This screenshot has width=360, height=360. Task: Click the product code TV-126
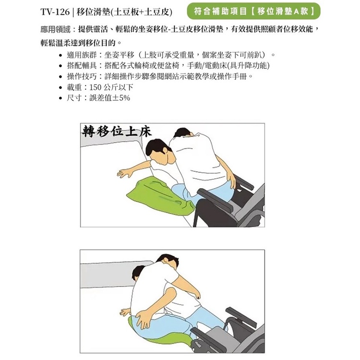coord(55,12)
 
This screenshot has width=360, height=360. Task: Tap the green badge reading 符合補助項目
coord(253,11)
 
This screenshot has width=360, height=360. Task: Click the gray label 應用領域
coord(55,29)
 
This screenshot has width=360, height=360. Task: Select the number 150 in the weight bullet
coord(95,87)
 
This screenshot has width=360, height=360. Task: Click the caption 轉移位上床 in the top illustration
coord(117,132)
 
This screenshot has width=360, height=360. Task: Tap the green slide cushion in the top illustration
coord(160,195)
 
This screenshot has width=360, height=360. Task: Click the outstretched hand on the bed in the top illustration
coord(125,173)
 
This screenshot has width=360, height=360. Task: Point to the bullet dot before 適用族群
coord(60,55)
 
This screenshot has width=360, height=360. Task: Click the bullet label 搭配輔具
coord(82,66)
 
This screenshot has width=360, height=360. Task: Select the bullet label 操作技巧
coord(82,76)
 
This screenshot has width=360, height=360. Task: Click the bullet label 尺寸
coord(74,98)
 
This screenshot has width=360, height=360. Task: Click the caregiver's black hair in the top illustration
coord(182,132)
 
